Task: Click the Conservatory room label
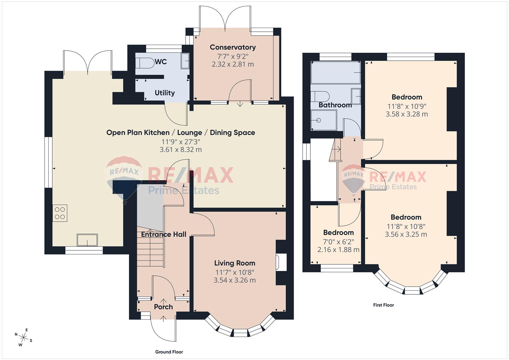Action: pos(233,47)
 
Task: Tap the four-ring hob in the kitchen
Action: pos(60,213)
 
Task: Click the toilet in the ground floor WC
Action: pos(144,62)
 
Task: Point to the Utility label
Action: pos(165,93)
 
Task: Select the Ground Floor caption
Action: pos(169,352)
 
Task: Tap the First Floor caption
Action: pos(383,305)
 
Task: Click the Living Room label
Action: pos(235,263)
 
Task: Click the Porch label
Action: pos(163,307)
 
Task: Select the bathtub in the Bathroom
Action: pos(335,72)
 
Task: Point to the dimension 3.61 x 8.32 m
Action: pos(181,150)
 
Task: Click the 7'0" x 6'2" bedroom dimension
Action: pos(338,241)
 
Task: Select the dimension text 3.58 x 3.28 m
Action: pos(407,114)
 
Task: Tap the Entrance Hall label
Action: pos(163,235)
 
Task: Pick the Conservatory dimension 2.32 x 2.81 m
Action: pos(233,64)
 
